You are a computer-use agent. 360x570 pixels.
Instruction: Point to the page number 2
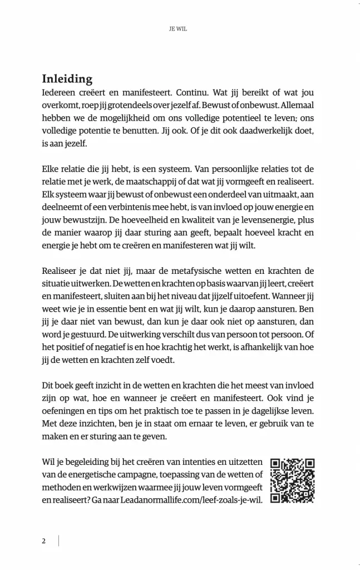[43, 540]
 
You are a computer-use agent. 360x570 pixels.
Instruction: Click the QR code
[293, 480]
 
